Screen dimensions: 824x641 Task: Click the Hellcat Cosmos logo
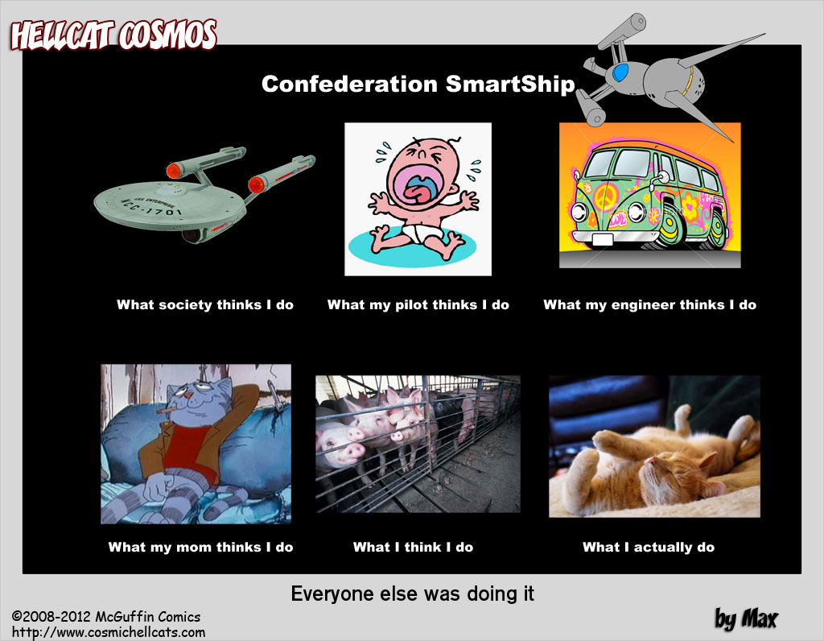coord(113,35)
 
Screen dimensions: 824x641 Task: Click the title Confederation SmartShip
coord(418,84)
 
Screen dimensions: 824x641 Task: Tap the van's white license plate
coord(603,240)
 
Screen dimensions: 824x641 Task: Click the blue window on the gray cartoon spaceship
coord(620,72)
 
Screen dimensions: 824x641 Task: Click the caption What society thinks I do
coord(205,305)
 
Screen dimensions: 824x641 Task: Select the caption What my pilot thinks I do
coord(418,305)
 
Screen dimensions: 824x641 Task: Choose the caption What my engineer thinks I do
coord(650,305)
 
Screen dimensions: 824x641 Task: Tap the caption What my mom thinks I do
coord(200,548)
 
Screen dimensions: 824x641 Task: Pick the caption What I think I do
coord(413,548)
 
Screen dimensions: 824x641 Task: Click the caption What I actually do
coord(649,548)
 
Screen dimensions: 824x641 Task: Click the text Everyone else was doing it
coord(413,594)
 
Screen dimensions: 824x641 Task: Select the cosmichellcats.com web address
coord(109,632)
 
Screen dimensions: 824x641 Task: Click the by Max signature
coord(746,619)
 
